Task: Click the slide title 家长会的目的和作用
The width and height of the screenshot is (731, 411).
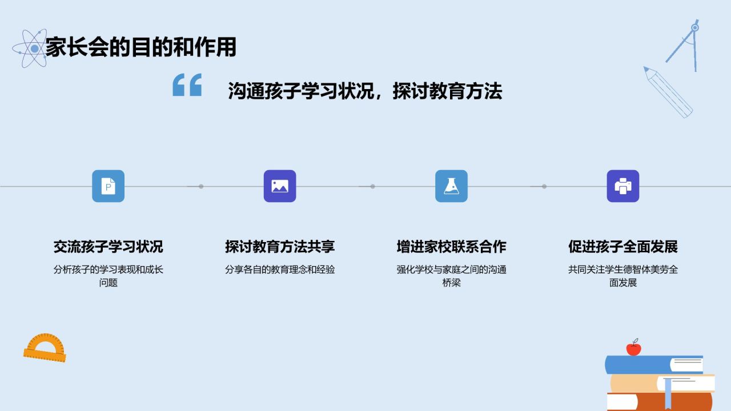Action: pos(140,47)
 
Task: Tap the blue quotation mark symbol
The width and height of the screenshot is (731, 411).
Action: pos(187,85)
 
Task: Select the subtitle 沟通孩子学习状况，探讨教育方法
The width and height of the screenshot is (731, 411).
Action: pos(364,91)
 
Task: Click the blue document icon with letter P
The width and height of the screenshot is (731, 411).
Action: pos(108,186)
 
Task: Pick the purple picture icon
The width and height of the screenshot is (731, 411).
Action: pos(280,186)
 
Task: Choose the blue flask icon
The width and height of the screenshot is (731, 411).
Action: pos(451,186)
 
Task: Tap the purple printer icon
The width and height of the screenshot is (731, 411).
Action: pos(622,186)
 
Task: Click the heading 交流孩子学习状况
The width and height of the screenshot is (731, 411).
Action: pos(108,247)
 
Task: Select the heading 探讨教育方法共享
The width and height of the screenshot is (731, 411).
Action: pos(280,247)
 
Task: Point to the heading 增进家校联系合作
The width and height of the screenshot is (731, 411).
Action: pos(451,247)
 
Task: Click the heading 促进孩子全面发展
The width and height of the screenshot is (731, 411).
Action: pos(622,247)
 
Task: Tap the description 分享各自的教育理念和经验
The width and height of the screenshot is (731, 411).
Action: pos(280,269)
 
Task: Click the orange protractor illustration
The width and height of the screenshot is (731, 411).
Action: pos(45,349)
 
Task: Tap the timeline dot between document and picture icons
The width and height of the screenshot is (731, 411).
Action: pos(201,186)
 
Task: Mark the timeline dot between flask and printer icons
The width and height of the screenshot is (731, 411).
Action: pos(544,186)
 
